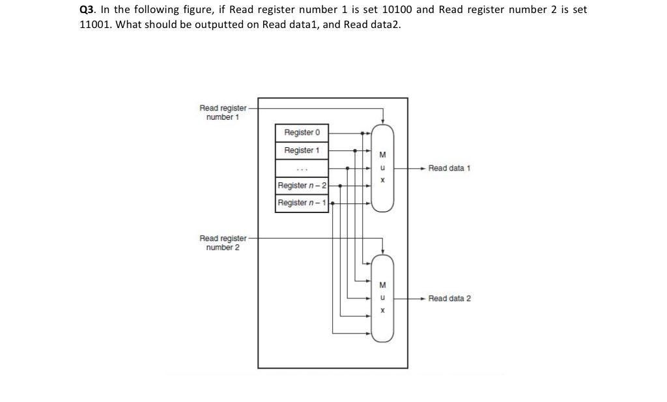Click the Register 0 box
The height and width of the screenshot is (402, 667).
click(302, 132)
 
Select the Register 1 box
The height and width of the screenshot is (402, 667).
click(302, 150)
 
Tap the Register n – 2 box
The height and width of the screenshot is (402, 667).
click(302, 186)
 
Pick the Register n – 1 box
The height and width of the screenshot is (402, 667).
click(302, 203)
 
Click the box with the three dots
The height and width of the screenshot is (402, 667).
click(302, 168)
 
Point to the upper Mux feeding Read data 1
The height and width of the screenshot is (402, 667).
click(382, 167)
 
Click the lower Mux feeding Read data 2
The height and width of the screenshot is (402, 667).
click(382, 298)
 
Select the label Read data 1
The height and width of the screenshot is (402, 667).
click(449, 168)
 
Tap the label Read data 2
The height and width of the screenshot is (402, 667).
click(449, 298)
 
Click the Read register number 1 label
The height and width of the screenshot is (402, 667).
click(223, 112)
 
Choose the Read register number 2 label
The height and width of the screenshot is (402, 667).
click(223, 242)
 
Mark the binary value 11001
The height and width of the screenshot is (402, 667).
click(94, 25)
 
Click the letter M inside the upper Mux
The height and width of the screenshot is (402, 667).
click(382, 155)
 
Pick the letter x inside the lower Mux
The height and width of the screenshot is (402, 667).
click(382, 311)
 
